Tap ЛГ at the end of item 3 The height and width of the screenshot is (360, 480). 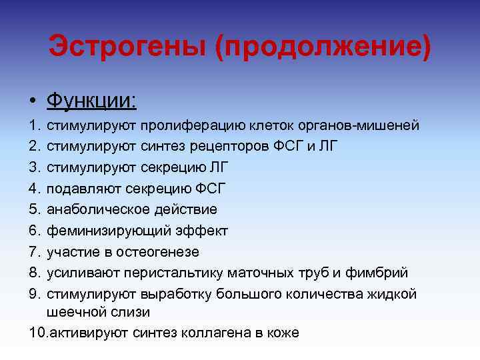coord(209,167)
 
